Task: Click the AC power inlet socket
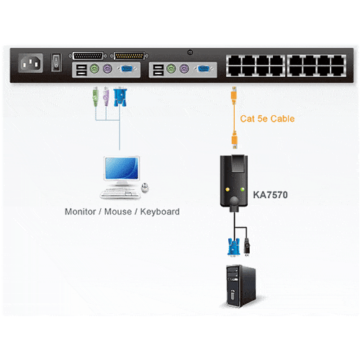point(30,63)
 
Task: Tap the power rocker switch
point(56,62)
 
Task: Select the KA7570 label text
point(270,195)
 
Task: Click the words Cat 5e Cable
point(267,119)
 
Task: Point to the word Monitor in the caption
point(81,212)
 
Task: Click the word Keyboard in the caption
point(160,212)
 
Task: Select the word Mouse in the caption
point(118,212)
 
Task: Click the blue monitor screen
point(122,168)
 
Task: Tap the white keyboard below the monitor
point(120,194)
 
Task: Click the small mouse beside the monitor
point(145,187)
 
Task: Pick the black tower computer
point(240,286)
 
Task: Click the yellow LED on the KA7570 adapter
point(228,189)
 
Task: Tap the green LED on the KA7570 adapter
point(243,189)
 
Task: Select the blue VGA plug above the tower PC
point(233,247)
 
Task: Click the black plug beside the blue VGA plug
point(247,247)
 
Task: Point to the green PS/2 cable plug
point(96,96)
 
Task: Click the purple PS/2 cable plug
point(106,96)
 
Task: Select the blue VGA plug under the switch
point(120,97)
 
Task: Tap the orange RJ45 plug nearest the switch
point(234,95)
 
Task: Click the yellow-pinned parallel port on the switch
point(129,56)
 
